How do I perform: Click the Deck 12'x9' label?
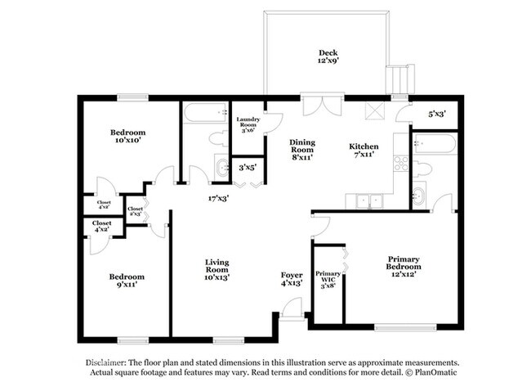pos(328,56)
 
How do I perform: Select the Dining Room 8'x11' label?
pos(302,150)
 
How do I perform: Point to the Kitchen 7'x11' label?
pos(364,151)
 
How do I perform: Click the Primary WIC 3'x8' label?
pos(328,280)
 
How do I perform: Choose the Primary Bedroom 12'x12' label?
pos(404,267)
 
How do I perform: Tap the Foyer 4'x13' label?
pos(292,279)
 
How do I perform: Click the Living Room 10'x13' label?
pos(217,270)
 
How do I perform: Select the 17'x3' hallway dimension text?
pos(218,198)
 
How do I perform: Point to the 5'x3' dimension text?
pos(437,114)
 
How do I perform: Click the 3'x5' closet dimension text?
pos(248,167)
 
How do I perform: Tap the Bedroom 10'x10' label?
pos(127,136)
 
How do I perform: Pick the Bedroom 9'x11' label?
pos(127,281)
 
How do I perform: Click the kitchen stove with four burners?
pos(401,163)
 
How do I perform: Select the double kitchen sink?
pos(369,201)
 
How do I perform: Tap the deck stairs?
pos(400,79)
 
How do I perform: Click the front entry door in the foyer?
pos(292,308)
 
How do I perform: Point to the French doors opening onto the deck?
pos(323,106)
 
